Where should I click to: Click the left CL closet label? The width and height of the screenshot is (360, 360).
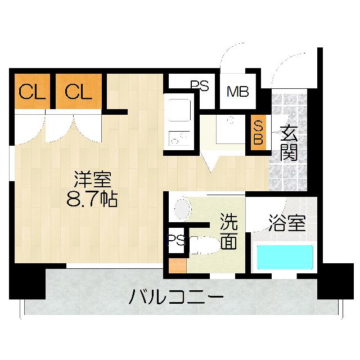coord(31,92)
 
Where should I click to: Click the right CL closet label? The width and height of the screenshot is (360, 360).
coord(78,92)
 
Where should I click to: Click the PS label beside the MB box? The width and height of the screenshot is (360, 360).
coord(199,86)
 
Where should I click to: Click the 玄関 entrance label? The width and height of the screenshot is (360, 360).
coord(289,143)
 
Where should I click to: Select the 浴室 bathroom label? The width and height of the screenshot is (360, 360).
coord(286,224)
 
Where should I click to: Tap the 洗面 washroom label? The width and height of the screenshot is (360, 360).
coord(228,231)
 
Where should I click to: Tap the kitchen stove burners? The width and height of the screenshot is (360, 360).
coord(179,138)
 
